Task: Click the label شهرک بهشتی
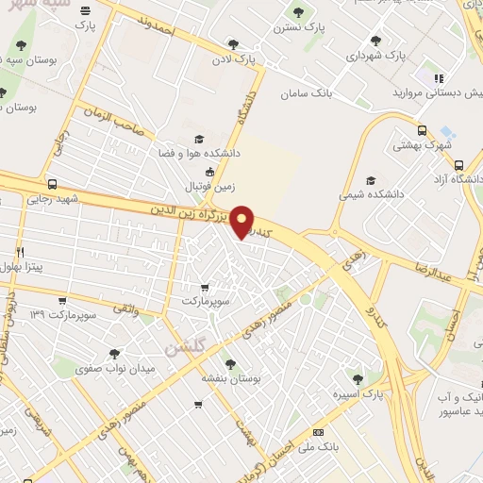click(422, 146)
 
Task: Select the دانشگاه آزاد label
click(457, 178)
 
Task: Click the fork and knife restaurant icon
click(20, 253)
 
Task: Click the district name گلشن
click(186, 347)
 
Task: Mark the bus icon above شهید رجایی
click(51, 185)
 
